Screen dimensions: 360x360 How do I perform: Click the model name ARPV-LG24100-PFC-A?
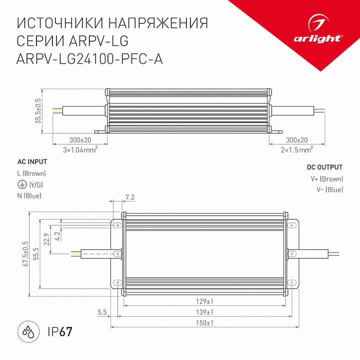90,59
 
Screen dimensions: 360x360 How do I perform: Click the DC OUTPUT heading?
324,167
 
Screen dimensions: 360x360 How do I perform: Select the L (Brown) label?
31,173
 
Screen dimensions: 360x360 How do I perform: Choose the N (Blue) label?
29,195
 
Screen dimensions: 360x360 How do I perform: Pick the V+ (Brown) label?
326,179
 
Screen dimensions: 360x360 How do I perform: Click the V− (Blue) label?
329,189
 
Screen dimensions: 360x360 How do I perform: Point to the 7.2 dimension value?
130,197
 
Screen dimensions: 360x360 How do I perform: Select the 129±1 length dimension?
205,301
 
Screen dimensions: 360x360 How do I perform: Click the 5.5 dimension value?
102,312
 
